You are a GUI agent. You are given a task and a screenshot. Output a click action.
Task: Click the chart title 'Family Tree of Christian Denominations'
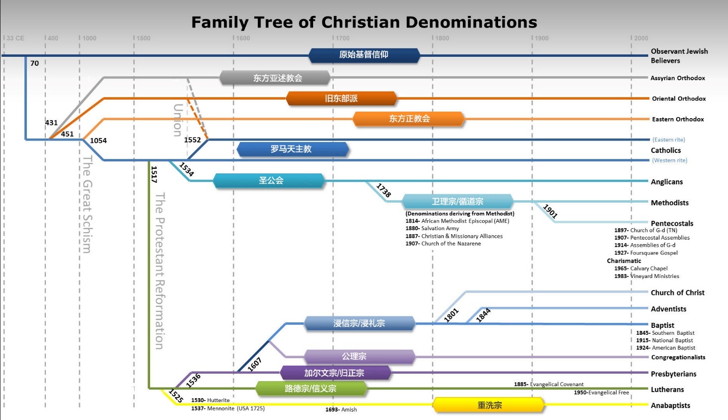point(364,22)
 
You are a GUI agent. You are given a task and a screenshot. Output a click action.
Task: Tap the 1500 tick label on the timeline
point(143,38)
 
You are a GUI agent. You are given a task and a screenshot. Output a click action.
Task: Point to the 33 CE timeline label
point(15,38)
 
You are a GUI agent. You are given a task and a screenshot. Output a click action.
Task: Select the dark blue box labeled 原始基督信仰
point(364,55)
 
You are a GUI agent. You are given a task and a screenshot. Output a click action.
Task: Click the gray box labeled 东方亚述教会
point(275,78)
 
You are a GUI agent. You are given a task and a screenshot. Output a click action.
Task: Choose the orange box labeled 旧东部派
point(341,99)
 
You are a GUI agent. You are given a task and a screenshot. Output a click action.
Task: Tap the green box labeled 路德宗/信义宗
point(311,389)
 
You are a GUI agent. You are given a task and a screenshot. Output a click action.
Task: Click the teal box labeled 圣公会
point(269,180)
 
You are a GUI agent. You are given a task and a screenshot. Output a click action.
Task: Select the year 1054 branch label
point(98,140)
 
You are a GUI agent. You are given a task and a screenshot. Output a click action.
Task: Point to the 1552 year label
point(192,140)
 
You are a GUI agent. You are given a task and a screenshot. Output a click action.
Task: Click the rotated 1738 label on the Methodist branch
point(383,190)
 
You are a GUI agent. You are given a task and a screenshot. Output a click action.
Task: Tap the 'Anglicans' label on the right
point(667,182)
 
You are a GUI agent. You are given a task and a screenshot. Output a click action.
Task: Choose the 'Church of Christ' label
point(678,292)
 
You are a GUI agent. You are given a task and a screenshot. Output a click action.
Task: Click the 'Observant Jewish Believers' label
point(679,56)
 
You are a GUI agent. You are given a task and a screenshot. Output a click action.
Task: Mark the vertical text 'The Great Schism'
point(87,204)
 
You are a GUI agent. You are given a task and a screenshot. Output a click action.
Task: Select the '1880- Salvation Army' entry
point(432,228)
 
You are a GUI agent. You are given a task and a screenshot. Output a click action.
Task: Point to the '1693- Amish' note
point(341,410)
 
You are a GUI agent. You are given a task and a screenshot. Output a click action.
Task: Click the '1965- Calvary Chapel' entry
point(641,269)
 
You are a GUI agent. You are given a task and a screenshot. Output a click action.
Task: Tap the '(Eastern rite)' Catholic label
point(669,140)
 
